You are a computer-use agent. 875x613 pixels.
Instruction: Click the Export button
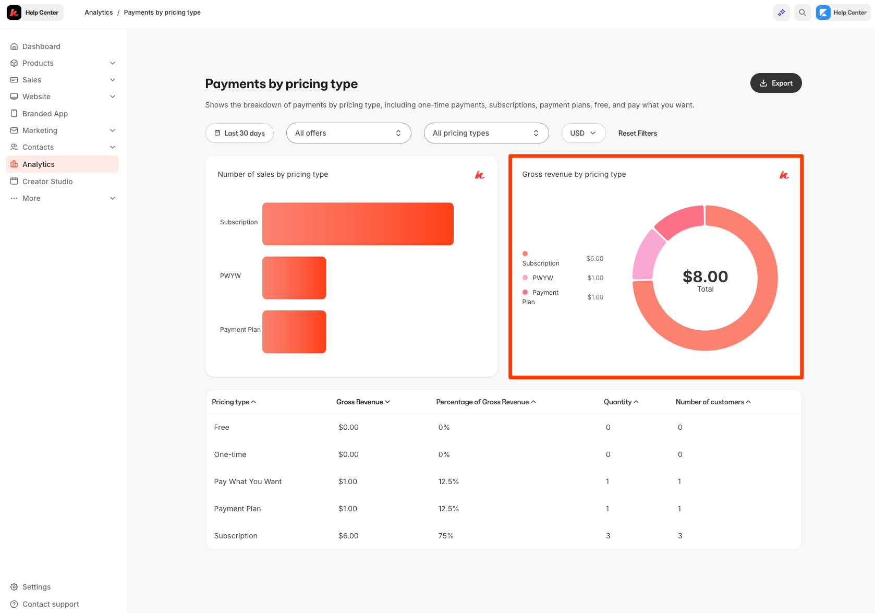775,83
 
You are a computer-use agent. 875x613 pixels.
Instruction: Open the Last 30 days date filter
239,133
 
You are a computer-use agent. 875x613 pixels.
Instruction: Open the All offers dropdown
348,133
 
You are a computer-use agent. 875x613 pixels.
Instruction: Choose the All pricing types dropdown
486,133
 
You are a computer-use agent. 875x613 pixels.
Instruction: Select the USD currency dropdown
583,133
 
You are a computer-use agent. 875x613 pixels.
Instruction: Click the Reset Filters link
637,133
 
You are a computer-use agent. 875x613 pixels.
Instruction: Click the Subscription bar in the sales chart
358,224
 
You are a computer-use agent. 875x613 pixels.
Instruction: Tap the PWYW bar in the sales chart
294,278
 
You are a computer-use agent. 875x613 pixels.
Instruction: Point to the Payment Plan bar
294,332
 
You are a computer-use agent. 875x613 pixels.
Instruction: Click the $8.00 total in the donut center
705,277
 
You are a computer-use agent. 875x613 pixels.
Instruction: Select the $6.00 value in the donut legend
594,259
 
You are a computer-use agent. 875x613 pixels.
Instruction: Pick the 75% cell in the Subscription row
446,536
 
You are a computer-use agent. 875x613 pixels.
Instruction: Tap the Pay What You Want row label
248,482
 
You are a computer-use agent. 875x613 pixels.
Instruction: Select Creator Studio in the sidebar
47,182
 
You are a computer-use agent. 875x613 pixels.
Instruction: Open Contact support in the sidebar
51,604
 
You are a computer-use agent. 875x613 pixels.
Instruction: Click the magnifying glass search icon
802,13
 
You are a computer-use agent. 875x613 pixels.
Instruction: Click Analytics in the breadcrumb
99,13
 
